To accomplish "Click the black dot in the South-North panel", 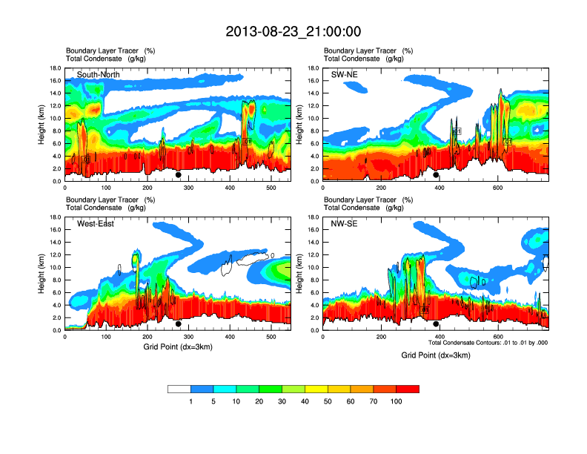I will point(178,175).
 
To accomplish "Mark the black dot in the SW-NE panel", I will point(436,175).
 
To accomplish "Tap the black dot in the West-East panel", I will point(178,324).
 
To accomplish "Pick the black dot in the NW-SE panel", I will point(436,324).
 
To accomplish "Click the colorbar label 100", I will point(397,401).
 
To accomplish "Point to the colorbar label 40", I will point(305,401).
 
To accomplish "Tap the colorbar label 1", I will point(190,401).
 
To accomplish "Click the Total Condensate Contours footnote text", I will point(488,343).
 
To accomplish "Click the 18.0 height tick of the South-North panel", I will point(55,68).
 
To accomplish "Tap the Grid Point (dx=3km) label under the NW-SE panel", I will point(436,355).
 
